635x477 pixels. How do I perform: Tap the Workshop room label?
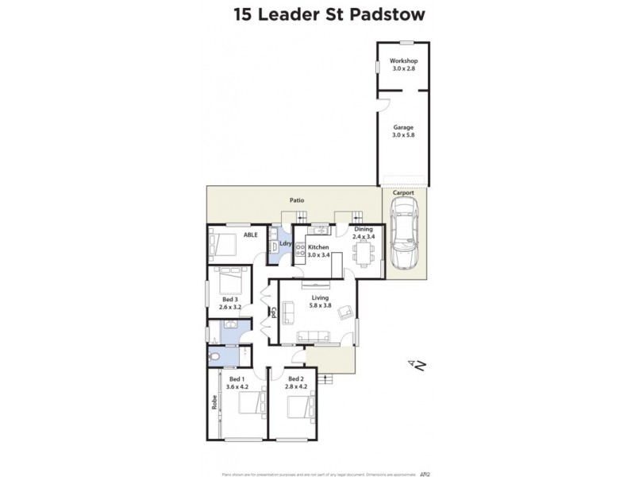point(404,61)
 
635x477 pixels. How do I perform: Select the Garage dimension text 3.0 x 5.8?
point(404,135)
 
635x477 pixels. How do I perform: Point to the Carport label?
point(403,192)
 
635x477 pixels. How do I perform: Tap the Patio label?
point(297,200)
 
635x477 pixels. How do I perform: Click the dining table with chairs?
point(363,254)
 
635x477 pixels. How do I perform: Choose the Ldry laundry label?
point(286,244)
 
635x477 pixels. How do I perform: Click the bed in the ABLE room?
point(225,246)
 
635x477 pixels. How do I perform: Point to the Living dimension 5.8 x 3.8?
point(321,306)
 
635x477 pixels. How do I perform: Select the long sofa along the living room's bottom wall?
point(314,337)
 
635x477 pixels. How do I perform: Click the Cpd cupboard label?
point(272,312)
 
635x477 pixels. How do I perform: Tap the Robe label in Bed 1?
point(214,402)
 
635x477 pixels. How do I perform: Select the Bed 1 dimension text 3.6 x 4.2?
point(237,386)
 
